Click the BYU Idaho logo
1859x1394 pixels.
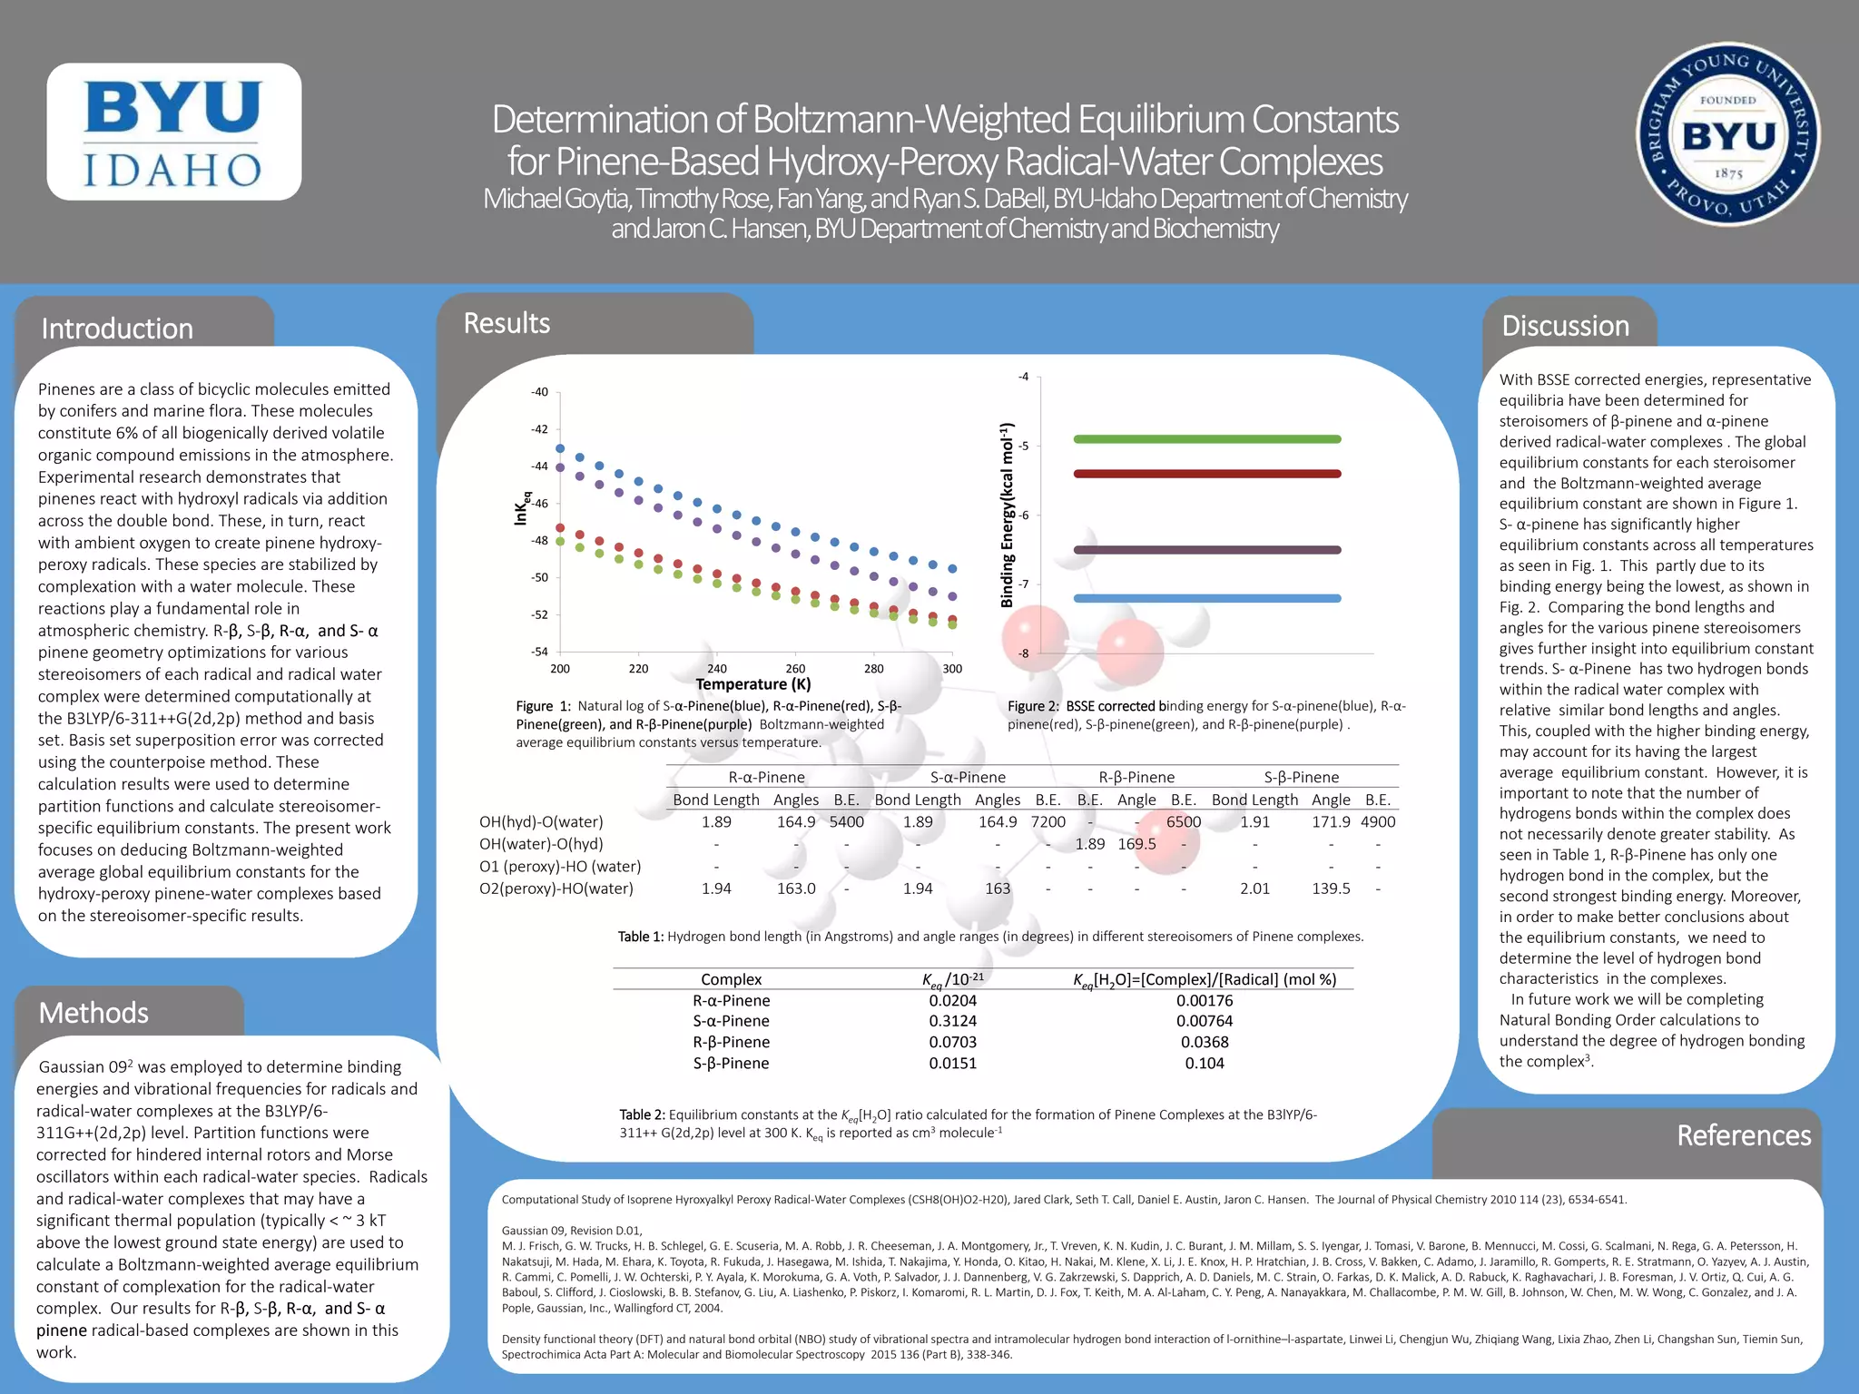[x=173, y=132]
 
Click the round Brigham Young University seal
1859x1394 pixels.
[x=1727, y=134]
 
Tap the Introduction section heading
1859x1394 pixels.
[x=117, y=329]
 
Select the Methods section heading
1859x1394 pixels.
[x=93, y=1013]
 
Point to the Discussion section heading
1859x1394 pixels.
[x=1565, y=326]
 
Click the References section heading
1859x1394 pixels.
[x=1743, y=1135]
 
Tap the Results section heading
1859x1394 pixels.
[x=507, y=323]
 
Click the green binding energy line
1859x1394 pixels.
[x=1206, y=439]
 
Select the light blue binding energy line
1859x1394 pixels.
[x=1206, y=598]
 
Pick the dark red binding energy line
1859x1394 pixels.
[x=1206, y=474]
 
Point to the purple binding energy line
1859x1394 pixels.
[x=1206, y=550]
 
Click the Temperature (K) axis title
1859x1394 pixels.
[x=753, y=684]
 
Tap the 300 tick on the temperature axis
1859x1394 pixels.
[x=952, y=669]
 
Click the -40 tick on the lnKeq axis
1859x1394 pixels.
[x=539, y=392]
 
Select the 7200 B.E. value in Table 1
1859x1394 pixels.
[x=1048, y=822]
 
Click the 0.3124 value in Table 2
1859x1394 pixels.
[x=952, y=1021]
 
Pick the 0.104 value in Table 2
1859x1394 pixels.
[x=1204, y=1064]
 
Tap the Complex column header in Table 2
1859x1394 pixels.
[x=731, y=979]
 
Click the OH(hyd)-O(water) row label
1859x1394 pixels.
[x=541, y=822]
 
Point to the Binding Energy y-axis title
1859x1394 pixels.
[x=1007, y=515]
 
